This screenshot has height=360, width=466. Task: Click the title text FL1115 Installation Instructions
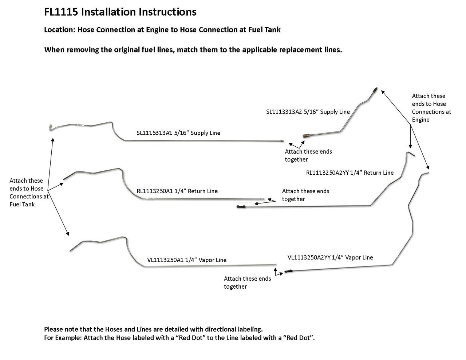(120, 12)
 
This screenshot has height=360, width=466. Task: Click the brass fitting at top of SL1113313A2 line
(375, 90)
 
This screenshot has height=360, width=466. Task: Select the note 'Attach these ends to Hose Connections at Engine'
(431, 108)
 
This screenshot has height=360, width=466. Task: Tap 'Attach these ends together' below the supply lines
(308, 155)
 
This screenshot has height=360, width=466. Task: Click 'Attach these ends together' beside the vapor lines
(247, 282)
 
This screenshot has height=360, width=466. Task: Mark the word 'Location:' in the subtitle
(59, 30)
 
